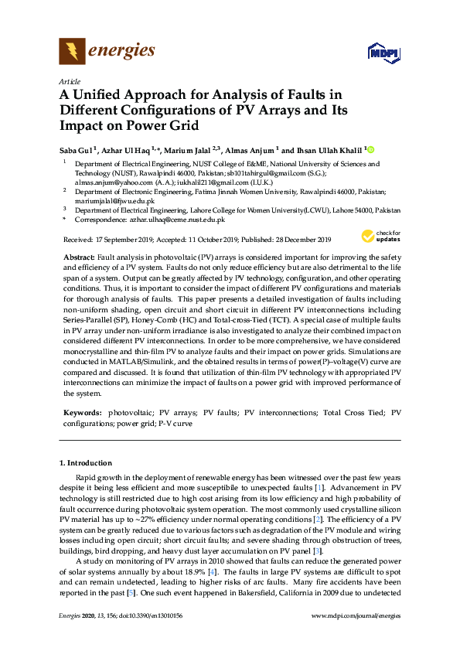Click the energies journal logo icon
72,52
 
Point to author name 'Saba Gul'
77,149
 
